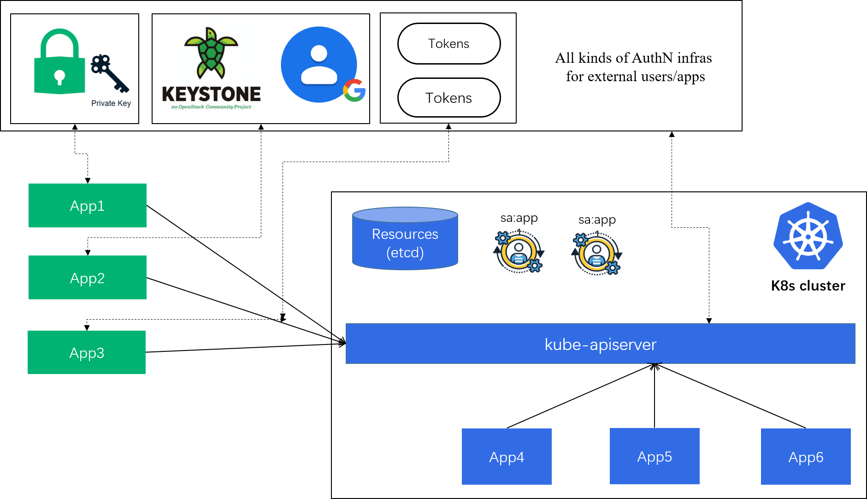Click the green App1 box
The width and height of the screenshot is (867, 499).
tap(88, 206)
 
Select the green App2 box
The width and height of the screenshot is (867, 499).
tap(88, 278)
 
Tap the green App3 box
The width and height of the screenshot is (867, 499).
tap(87, 352)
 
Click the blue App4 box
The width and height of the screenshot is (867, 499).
tap(507, 457)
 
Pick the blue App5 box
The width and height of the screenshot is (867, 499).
tap(655, 456)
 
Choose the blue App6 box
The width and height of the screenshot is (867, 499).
tap(806, 457)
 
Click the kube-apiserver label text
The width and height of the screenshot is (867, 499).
tap(600, 345)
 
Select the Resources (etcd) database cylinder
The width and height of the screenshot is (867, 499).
tap(405, 239)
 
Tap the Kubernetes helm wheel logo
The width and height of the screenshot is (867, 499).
tap(808, 236)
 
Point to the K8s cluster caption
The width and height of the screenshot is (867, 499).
tap(808, 286)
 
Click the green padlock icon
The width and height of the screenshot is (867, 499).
tap(59, 62)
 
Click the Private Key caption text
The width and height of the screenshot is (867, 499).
tap(111, 103)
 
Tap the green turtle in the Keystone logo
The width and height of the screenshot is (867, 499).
tap(211, 53)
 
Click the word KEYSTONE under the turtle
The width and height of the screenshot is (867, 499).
tap(212, 94)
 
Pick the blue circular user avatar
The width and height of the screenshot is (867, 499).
tap(318, 65)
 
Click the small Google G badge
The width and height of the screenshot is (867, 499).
tap(354, 90)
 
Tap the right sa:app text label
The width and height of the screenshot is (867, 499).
tap(597, 220)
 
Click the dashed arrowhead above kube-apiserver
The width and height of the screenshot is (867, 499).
tap(709, 321)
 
